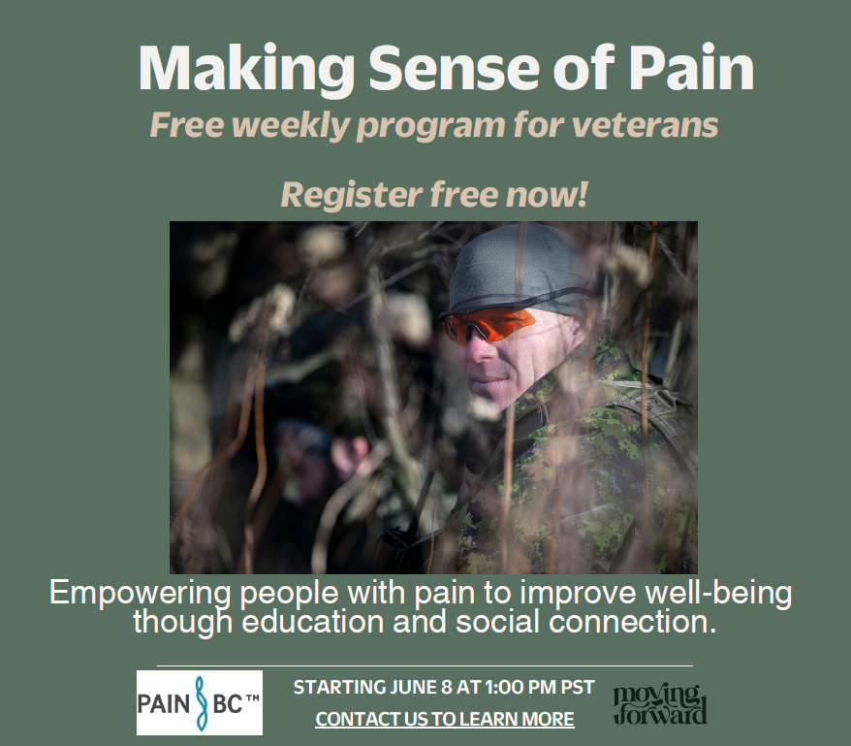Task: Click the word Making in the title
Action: (246, 70)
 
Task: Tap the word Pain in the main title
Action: (691, 68)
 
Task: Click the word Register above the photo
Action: (352, 196)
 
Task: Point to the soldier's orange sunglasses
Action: (487, 324)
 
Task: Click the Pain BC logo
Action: (200, 702)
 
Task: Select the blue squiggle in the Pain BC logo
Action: (201, 703)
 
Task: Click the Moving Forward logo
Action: (660, 704)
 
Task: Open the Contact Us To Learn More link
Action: (445, 719)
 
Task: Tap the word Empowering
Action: (141, 594)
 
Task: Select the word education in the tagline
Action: (313, 622)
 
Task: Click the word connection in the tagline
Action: (632, 622)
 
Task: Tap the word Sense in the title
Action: (454, 69)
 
